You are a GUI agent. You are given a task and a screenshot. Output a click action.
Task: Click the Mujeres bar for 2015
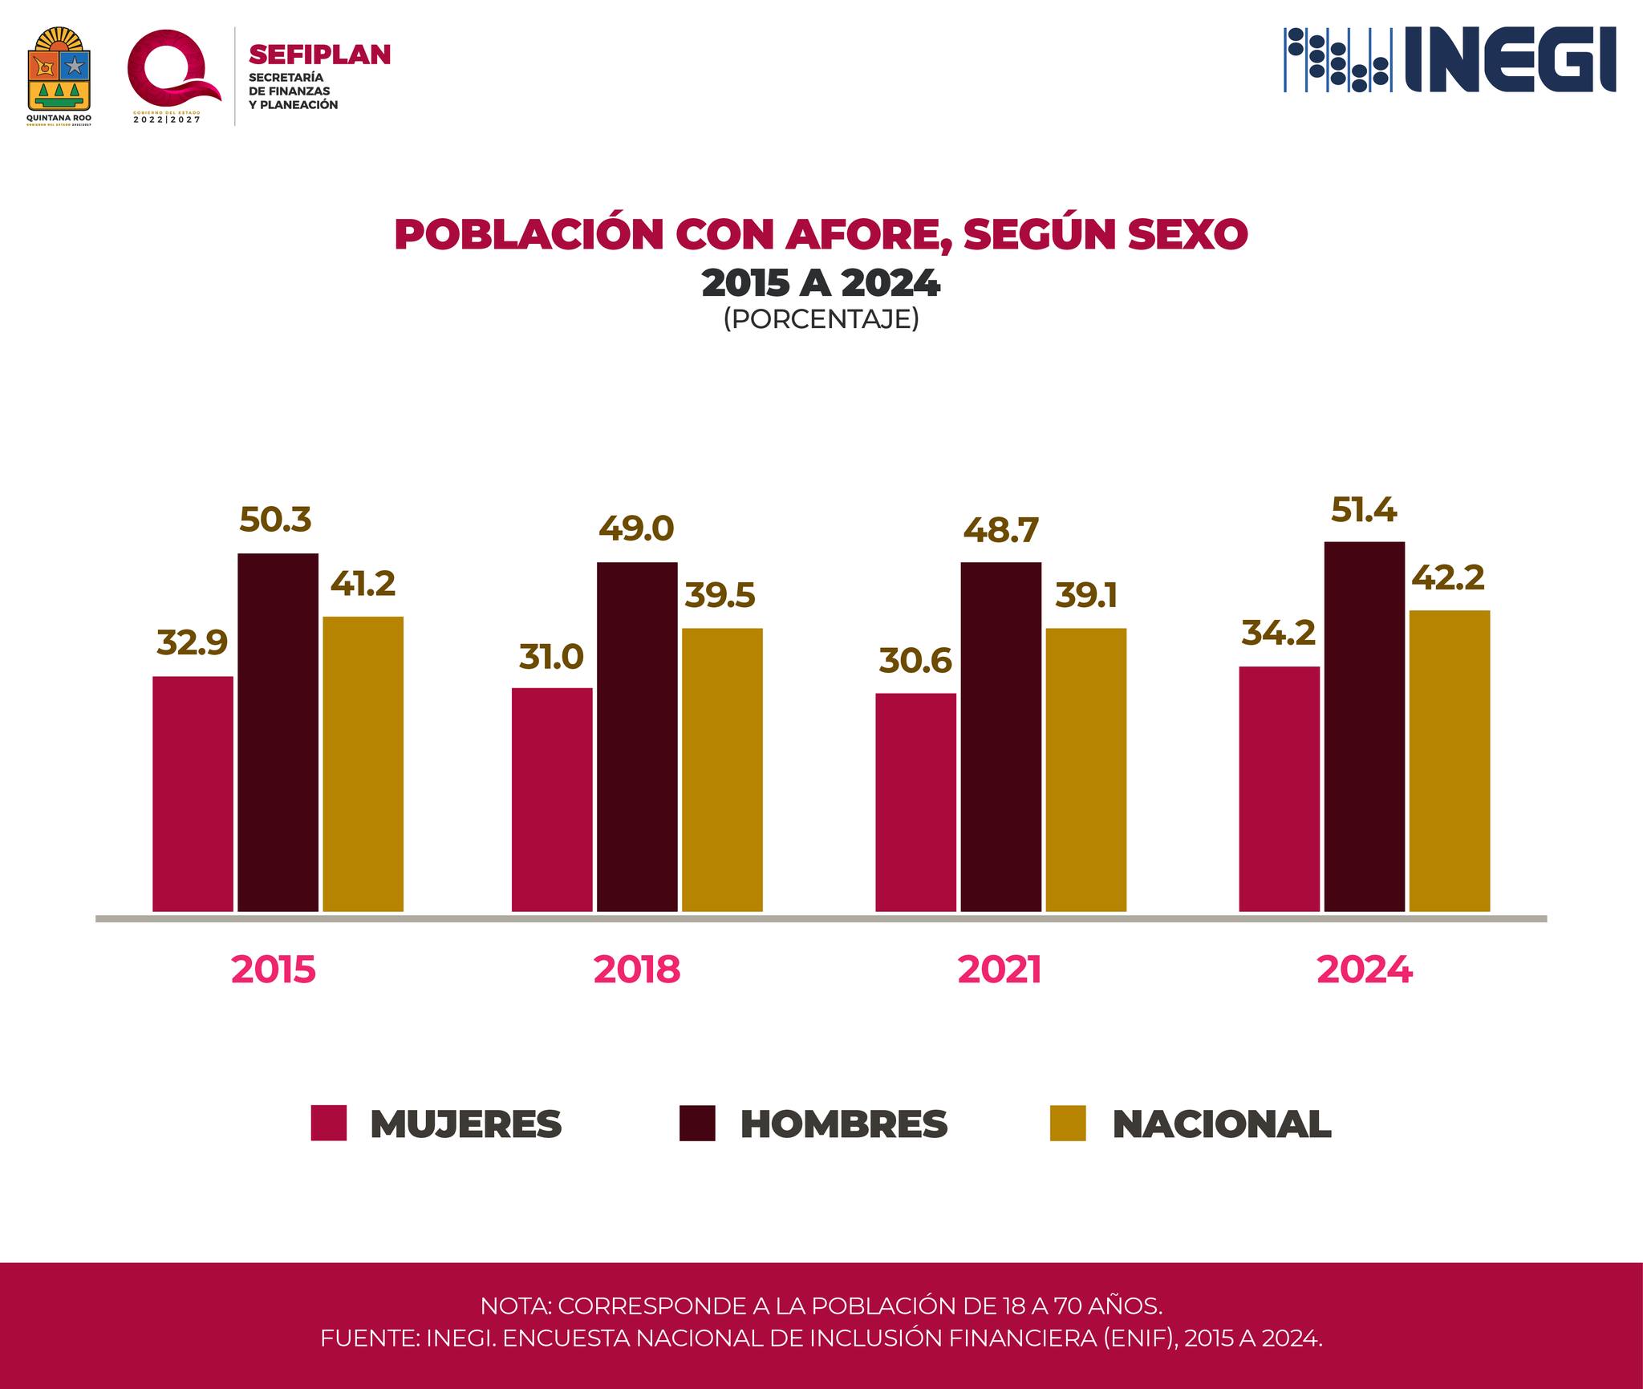pyautogui.click(x=193, y=794)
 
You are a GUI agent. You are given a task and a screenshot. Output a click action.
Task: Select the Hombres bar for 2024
pyautogui.click(x=1364, y=727)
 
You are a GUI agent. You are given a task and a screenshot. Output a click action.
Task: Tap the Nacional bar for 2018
pyautogui.click(x=722, y=770)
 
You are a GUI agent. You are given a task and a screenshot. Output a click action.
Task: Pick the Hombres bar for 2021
pyautogui.click(x=1000, y=737)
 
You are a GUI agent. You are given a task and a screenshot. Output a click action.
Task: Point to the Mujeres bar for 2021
pyautogui.click(x=915, y=802)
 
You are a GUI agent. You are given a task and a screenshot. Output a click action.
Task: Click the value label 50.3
pyautogui.click(x=275, y=520)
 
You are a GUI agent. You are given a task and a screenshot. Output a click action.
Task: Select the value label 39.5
pyautogui.click(x=720, y=596)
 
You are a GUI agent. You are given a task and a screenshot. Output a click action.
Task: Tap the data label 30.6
pyautogui.click(x=915, y=661)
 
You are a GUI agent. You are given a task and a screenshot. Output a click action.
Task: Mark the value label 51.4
pyautogui.click(x=1364, y=509)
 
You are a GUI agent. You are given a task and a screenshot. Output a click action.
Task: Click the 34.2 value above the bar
pyautogui.click(x=1278, y=634)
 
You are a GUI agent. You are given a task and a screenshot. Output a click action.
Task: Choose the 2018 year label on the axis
pyautogui.click(x=637, y=970)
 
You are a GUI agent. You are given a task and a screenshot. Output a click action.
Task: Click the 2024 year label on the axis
pyautogui.click(x=1364, y=970)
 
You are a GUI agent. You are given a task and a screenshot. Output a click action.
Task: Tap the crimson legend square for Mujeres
pyautogui.click(x=329, y=1124)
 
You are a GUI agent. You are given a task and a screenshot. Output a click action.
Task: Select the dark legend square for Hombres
pyautogui.click(x=696, y=1124)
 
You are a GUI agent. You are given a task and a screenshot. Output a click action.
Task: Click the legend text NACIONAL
pyautogui.click(x=1222, y=1124)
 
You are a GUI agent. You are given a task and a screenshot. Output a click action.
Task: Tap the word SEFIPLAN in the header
pyautogui.click(x=320, y=55)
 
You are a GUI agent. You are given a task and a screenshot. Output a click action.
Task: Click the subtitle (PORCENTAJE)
pyautogui.click(x=821, y=319)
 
